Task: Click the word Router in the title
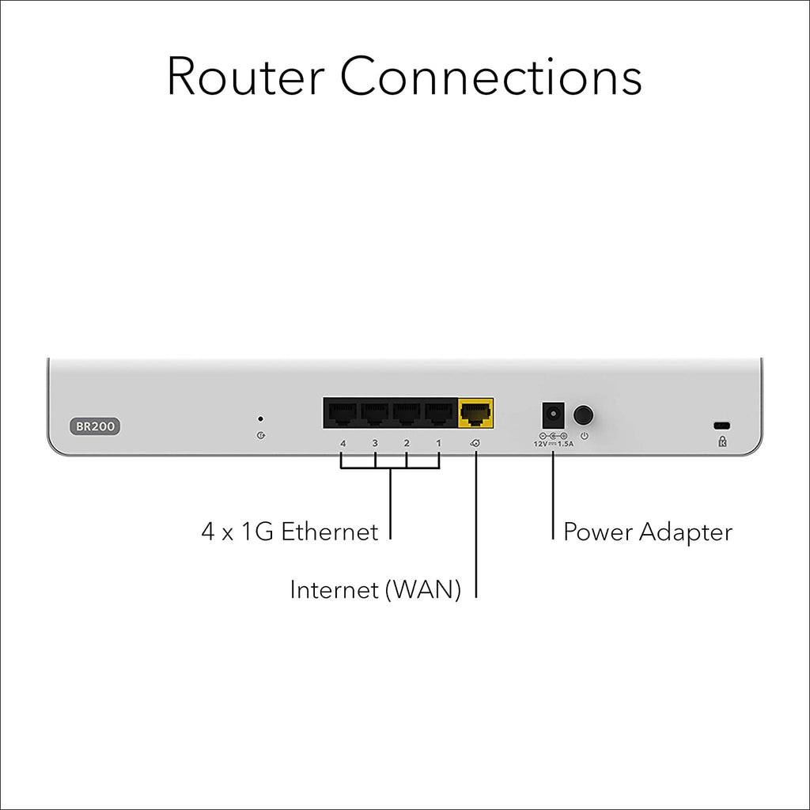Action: pos(245,77)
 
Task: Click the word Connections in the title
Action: pos(490,77)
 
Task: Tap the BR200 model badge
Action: pos(95,426)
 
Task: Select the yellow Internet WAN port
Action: pos(475,413)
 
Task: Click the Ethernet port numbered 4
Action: pos(343,413)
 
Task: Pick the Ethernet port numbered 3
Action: pos(374,413)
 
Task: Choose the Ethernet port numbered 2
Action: pos(407,413)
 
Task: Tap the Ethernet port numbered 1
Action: pos(438,413)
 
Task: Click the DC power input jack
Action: pos(553,414)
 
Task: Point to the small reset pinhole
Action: pos(260,419)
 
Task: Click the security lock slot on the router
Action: pos(721,426)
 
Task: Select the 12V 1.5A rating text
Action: pos(553,444)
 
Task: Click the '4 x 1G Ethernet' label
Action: pos(290,532)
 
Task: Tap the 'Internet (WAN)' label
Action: pos(376,590)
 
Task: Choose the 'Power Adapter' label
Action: pos(648,532)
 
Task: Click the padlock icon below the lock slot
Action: pos(722,441)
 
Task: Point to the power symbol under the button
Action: pos(585,436)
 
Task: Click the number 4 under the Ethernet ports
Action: pos(343,443)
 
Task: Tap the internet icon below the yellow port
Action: pos(475,443)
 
